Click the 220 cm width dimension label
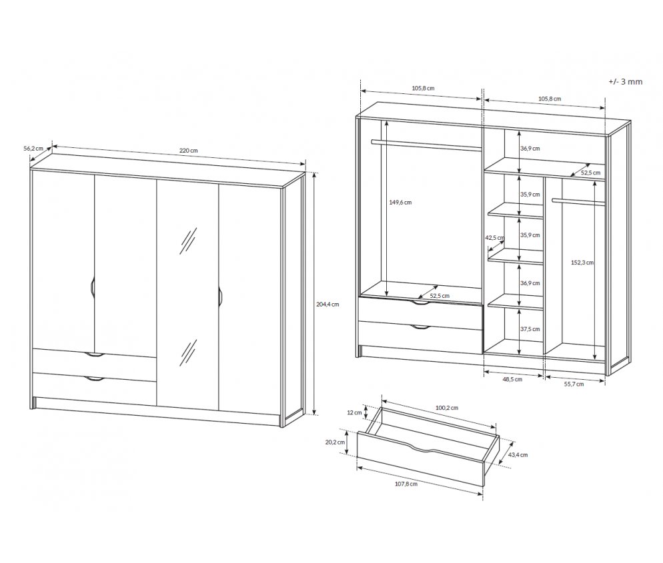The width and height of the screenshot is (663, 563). click(x=188, y=151)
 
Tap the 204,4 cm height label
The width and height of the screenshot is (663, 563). click(x=327, y=304)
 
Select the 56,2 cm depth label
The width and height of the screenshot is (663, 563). click(x=33, y=149)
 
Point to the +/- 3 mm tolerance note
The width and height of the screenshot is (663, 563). click(x=626, y=81)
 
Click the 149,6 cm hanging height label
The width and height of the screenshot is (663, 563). click(x=400, y=203)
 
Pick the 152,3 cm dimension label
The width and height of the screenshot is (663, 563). click(x=582, y=263)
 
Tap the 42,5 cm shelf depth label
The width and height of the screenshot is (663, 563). click(x=494, y=238)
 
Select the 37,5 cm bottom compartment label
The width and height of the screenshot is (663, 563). click(x=530, y=329)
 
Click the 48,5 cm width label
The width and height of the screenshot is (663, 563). click(x=512, y=379)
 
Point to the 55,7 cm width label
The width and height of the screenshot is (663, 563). click(x=574, y=384)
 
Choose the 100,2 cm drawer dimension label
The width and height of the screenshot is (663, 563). click(x=447, y=408)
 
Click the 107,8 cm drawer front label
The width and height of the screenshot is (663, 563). click(x=406, y=484)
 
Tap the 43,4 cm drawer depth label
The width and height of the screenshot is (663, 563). click(x=518, y=455)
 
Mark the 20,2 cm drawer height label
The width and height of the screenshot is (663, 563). click(x=336, y=442)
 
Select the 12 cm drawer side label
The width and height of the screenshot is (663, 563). click(x=354, y=412)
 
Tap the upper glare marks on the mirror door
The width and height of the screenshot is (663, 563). click(x=188, y=241)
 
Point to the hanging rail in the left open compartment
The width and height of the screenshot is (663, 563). click(x=427, y=145)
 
